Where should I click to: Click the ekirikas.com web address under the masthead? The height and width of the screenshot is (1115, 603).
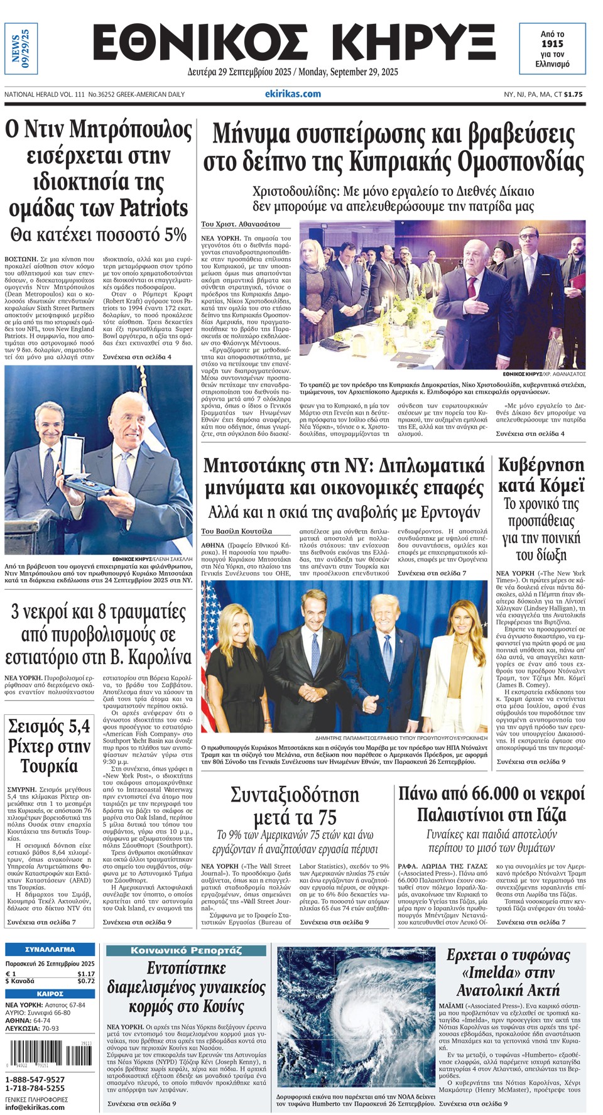(293, 94)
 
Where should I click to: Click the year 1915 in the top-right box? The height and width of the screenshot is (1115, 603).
(552, 44)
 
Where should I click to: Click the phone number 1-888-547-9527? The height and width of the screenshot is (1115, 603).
(35, 1079)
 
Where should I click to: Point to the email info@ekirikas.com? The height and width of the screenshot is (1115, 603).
(35, 1107)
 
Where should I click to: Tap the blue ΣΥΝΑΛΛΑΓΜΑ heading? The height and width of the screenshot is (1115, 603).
(50, 949)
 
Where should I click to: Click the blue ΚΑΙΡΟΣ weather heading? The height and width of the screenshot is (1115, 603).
(50, 994)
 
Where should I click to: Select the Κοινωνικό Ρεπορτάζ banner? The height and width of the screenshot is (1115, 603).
(186, 950)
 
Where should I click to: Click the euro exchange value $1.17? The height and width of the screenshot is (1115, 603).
(86, 974)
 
